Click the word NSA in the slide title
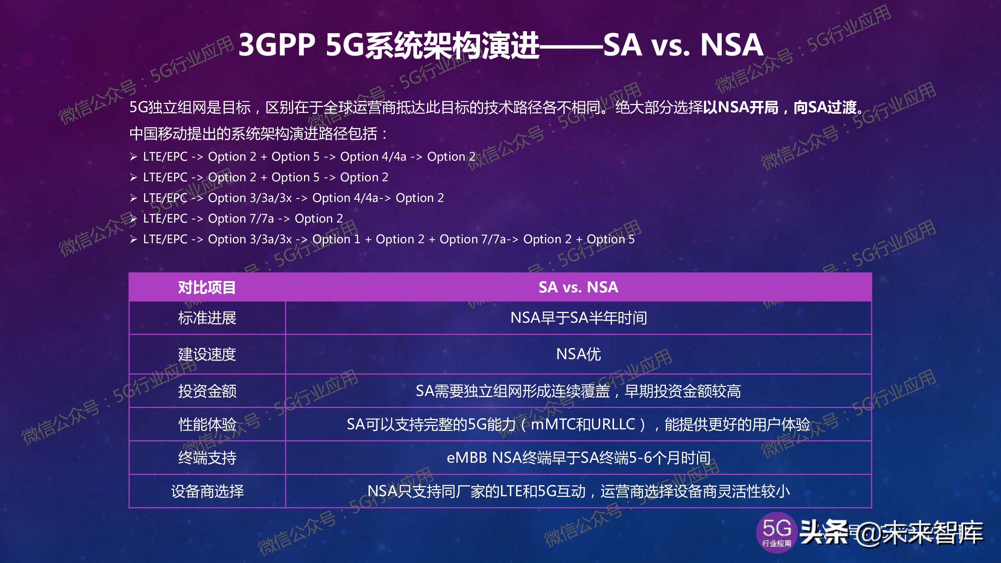click(731, 45)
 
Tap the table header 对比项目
click(207, 288)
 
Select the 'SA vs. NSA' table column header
click(578, 288)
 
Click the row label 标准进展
click(207, 318)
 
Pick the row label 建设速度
click(207, 354)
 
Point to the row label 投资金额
click(207, 391)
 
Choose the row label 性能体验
click(207, 424)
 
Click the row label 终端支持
click(207, 458)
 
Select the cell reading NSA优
click(578, 354)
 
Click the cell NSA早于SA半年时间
click(578, 318)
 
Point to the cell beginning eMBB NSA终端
click(578, 458)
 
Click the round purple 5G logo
click(777, 532)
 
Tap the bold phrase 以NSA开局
click(741, 107)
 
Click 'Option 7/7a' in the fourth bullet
click(241, 218)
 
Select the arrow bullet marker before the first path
click(134, 157)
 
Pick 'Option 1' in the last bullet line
click(336, 239)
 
